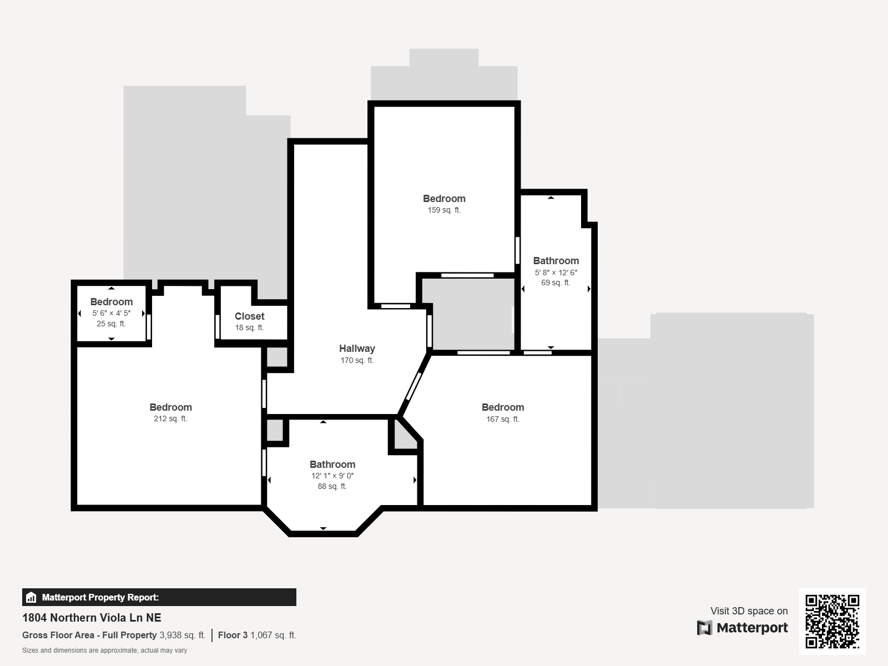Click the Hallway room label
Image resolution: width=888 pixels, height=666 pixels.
(357, 349)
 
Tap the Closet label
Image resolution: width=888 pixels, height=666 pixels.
(249, 316)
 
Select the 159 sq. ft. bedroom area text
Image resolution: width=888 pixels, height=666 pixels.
(444, 210)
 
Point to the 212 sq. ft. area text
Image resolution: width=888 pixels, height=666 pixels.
(170, 418)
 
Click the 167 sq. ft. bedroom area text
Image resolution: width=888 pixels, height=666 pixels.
(502, 419)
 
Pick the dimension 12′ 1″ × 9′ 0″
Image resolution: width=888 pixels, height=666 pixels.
(332, 476)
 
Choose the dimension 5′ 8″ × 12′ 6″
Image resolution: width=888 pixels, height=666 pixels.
(556, 273)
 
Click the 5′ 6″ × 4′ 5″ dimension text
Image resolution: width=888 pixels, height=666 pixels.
(111, 313)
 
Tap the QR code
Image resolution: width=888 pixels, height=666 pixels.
(832, 621)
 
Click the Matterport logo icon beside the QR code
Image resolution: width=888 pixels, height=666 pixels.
(704, 628)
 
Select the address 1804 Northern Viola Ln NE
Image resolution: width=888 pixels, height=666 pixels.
(92, 618)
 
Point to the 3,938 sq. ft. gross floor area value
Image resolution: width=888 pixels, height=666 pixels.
(182, 635)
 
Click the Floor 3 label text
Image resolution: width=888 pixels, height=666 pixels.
(233, 635)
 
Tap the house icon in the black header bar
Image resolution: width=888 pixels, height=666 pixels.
(31, 597)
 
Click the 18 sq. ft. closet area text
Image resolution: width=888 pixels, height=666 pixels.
(249, 327)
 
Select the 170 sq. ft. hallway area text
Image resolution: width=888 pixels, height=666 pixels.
(357, 360)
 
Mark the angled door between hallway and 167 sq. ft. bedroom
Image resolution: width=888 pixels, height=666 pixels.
(413, 386)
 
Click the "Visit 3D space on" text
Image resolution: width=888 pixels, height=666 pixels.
(749, 610)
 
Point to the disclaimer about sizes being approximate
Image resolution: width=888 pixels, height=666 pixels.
(104, 650)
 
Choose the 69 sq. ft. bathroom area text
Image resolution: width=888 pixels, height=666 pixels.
(556, 282)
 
